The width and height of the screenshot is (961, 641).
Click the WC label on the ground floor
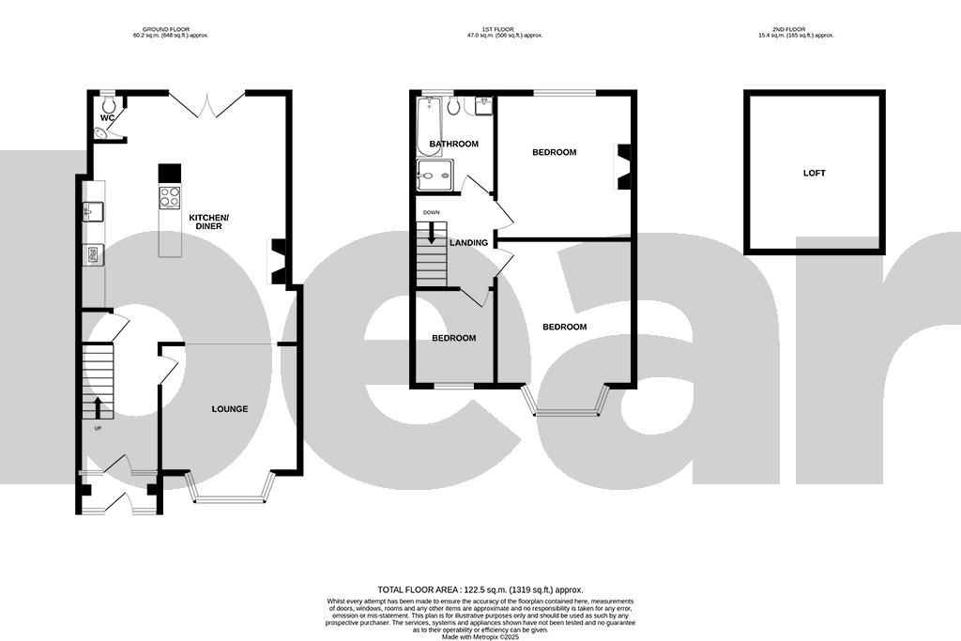tap(108, 117)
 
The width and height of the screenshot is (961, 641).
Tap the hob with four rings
tap(170, 197)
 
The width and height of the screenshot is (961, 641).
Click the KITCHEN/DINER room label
tap(208, 222)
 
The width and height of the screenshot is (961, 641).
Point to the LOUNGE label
tap(230, 408)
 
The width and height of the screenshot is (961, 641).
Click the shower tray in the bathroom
tap(435, 175)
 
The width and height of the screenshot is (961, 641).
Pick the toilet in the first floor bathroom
tap(454, 105)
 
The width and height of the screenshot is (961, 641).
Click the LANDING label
tap(468, 243)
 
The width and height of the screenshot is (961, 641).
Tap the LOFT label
tap(815, 173)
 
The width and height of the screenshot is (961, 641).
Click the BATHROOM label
tap(453, 145)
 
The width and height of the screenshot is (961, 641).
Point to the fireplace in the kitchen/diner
tap(279, 261)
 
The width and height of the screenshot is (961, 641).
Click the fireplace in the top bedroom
tap(623, 161)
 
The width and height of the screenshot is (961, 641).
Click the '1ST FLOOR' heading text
tap(488, 30)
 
